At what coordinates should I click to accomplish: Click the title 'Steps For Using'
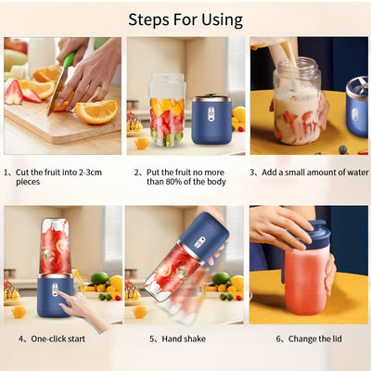185,19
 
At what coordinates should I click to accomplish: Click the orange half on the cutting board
96,110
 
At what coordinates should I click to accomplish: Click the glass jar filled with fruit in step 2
167,111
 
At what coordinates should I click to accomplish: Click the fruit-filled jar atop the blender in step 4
54,246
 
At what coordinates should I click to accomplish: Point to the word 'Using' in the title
222,19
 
